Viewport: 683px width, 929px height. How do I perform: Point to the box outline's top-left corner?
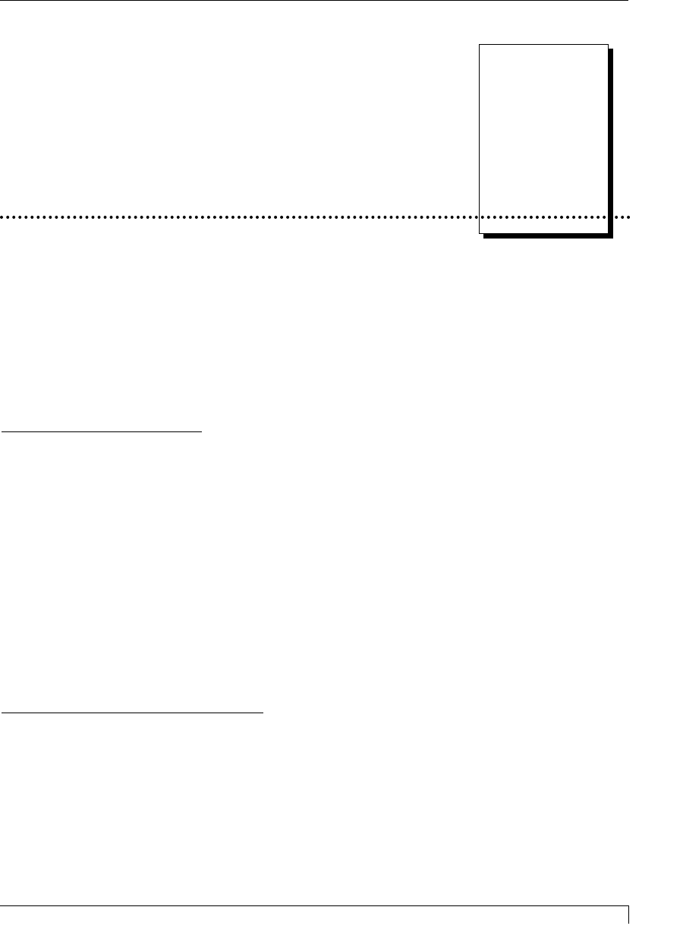point(479,44)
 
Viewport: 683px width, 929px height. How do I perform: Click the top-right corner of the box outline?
point(608,44)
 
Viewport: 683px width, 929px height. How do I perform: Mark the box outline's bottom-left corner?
point(479,232)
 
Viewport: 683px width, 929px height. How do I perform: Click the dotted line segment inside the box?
point(543,217)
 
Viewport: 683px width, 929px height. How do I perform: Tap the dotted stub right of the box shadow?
point(622,217)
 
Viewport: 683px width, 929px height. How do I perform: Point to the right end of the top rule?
point(629,1)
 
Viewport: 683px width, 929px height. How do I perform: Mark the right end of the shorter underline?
point(202,431)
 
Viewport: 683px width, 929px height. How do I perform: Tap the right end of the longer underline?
point(263,713)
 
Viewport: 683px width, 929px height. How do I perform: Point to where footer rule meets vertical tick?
point(629,905)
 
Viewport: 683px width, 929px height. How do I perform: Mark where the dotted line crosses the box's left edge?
point(479,217)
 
